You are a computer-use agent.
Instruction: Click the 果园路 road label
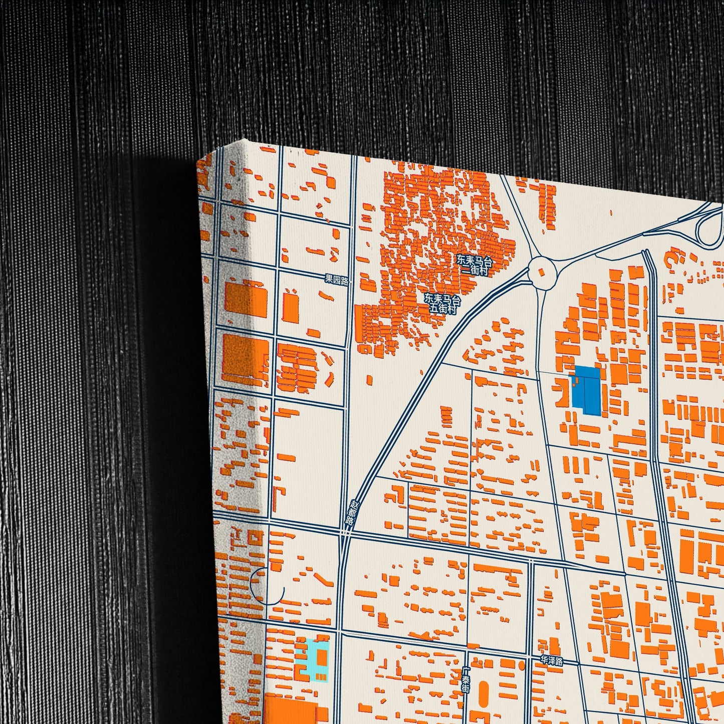[337, 280]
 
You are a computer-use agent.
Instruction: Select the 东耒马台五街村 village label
[442, 304]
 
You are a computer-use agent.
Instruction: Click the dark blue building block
[587, 390]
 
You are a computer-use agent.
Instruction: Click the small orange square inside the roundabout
[541, 272]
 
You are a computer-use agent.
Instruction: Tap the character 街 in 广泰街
[466, 688]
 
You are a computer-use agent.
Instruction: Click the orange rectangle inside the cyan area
[321, 657]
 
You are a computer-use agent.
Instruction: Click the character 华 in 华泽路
[545, 660]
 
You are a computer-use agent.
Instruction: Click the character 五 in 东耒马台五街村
[434, 309]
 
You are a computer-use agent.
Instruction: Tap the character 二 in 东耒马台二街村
[466, 271]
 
